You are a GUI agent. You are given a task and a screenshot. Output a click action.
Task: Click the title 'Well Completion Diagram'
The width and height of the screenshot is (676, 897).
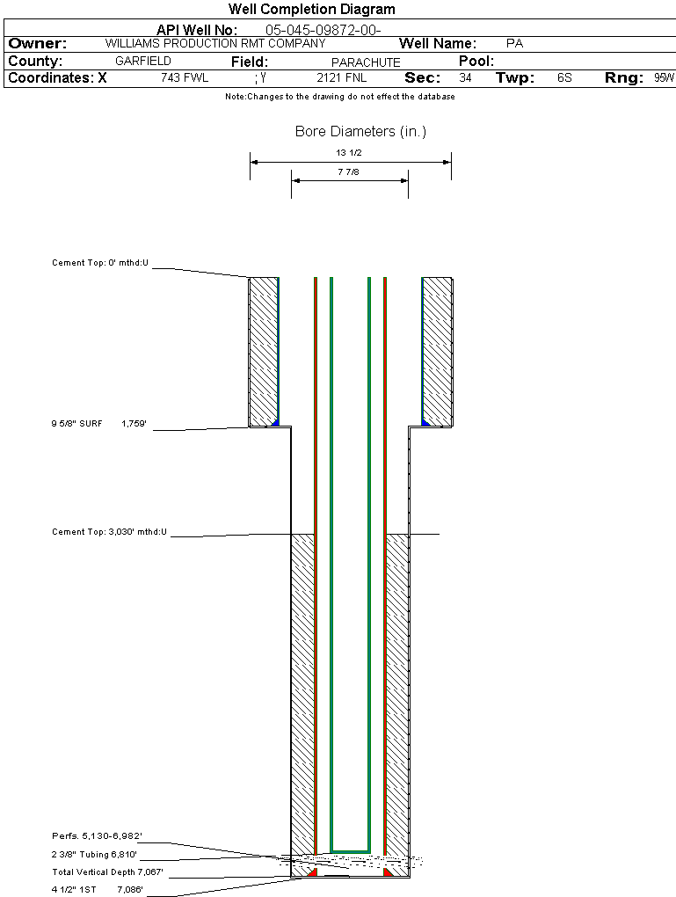[312, 10]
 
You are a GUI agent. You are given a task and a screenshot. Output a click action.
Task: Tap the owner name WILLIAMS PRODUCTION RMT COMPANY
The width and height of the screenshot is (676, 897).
[214, 43]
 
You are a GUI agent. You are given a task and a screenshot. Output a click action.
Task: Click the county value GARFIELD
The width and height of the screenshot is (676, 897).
[143, 62]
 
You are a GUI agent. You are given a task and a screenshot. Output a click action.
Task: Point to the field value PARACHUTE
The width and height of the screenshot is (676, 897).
[366, 62]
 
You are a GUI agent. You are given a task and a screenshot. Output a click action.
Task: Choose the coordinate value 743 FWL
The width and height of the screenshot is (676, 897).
[185, 78]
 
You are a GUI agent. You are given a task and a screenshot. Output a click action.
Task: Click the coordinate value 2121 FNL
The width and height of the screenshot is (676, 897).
[341, 78]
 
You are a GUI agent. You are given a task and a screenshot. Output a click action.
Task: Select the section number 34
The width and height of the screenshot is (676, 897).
[465, 78]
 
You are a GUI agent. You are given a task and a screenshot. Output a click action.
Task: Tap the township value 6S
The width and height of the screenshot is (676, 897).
[564, 78]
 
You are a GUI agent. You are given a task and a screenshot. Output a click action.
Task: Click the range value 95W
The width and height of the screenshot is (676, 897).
[664, 78]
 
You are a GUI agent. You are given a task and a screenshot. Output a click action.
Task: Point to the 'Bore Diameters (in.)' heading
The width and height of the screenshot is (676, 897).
[360, 132]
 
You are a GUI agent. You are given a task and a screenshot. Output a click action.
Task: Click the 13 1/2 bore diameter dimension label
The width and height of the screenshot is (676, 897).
[349, 153]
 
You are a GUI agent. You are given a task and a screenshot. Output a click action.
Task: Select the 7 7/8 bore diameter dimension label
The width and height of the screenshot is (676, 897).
[349, 172]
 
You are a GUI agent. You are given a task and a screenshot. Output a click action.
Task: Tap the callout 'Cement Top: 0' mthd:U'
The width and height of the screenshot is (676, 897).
[100, 262]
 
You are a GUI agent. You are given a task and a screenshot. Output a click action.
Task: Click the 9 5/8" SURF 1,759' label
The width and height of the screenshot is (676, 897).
[98, 424]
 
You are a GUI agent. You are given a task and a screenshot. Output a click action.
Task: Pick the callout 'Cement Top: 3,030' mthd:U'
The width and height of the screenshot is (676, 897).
[109, 532]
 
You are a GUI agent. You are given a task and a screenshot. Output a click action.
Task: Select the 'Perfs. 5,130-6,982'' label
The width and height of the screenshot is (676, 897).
[97, 835]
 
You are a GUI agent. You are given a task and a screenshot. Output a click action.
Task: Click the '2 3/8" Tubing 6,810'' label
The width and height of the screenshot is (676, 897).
[94, 854]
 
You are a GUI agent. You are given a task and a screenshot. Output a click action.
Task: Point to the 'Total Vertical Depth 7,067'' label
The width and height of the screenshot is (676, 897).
[107, 872]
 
